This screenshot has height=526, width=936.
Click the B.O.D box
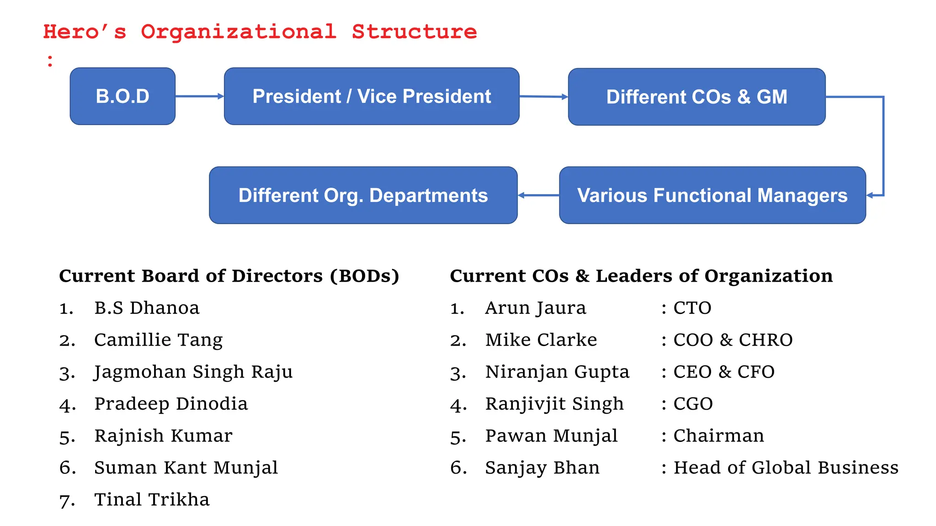tap(122, 96)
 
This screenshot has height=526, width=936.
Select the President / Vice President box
tap(372, 96)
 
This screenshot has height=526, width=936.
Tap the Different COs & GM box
tap(697, 97)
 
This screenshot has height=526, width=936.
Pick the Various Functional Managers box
tap(712, 195)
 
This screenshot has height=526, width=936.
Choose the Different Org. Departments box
tap(363, 195)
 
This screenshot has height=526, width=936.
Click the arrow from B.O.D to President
tap(199, 96)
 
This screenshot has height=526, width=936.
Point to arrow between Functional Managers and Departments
tap(538, 195)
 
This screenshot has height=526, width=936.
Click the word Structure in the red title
tap(414, 32)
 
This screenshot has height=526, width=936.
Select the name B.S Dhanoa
tap(147, 308)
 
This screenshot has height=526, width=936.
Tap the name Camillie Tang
tap(158, 340)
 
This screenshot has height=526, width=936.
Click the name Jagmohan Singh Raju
tap(193, 372)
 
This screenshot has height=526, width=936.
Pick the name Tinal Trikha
tap(152, 500)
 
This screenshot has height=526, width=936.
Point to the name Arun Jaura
tap(535, 308)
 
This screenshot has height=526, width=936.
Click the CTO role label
tap(692, 308)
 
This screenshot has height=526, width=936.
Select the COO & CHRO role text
tap(733, 340)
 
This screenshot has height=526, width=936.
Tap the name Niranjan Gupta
tap(557, 372)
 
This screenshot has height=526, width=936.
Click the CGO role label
tap(693, 404)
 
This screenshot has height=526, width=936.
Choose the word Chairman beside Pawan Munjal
tap(718, 436)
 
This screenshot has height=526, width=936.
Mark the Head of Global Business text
tap(786, 468)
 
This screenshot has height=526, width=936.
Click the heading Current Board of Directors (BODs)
tap(229, 276)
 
